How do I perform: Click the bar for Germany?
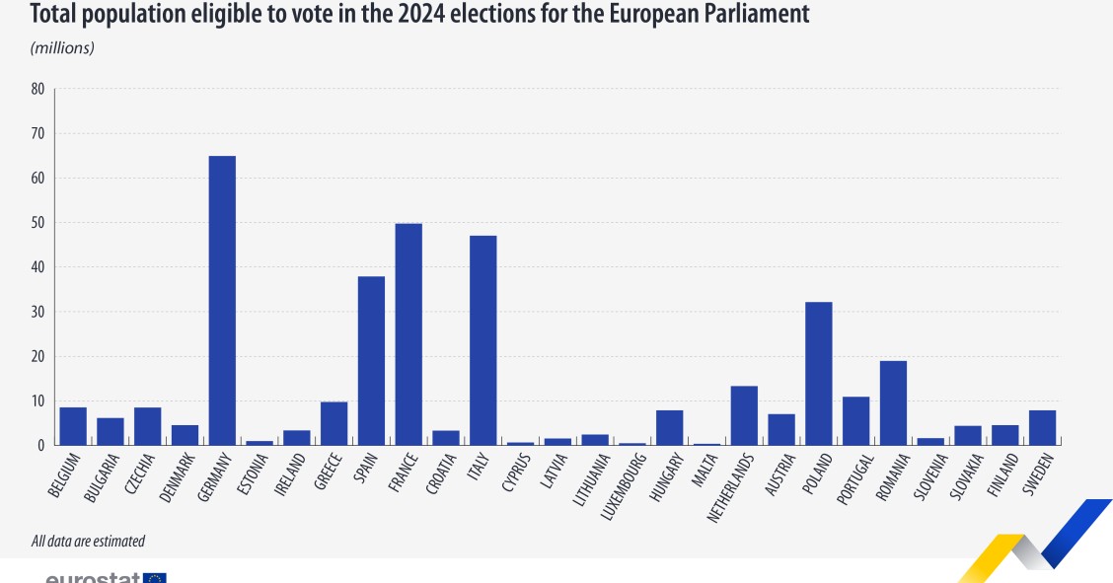tap(222, 301)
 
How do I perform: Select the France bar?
tap(408, 334)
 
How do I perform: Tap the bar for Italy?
tap(482, 340)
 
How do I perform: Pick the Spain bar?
tap(371, 361)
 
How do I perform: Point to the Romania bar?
tap(893, 403)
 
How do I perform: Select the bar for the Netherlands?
tap(744, 415)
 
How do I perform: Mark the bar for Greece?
tap(334, 423)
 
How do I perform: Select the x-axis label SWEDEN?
tap(1038, 475)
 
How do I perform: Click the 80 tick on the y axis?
tap(37, 89)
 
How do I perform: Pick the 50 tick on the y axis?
tap(37, 223)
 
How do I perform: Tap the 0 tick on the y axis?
tap(40, 446)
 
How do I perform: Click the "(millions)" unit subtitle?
tap(62, 47)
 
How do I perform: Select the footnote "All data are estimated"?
tap(88, 541)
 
